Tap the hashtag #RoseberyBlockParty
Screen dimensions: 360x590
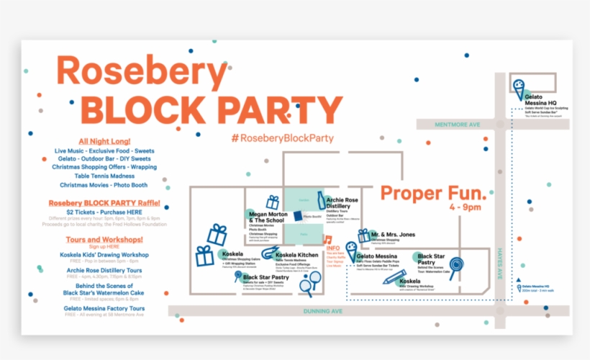[x=277, y=137]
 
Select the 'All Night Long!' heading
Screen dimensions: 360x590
[x=104, y=140]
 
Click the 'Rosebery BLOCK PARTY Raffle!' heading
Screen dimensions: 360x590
[x=104, y=203]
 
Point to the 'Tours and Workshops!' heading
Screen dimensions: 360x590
[x=104, y=239]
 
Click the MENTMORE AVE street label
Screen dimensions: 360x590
[x=457, y=124]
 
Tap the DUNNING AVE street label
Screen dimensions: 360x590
[x=324, y=310]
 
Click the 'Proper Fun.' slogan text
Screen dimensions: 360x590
[x=433, y=193]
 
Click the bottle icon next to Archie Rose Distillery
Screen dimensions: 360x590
[x=322, y=200]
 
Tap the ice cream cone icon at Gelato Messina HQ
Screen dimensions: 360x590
[x=518, y=86]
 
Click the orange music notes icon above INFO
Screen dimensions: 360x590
[x=327, y=240]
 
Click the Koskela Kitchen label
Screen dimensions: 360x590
[x=296, y=256]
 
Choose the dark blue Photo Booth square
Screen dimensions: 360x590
[x=297, y=215]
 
